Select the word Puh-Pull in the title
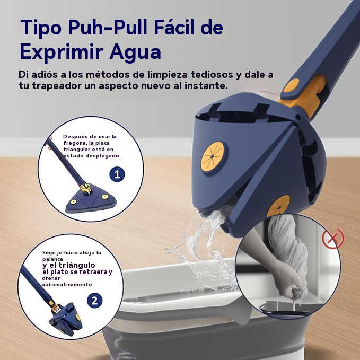click(x=108, y=27)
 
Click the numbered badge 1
click(x=117, y=174)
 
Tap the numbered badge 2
click(x=94, y=301)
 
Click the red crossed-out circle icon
click(x=332, y=238)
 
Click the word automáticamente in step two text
click(x=68, y=285)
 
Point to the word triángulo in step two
click(x=77, y=265)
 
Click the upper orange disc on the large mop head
click(x=213, y=156)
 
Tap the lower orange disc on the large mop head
click(x=278, y=206)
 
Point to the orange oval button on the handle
click(x=292, y=85)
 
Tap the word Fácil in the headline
click(x=174, y=27)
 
